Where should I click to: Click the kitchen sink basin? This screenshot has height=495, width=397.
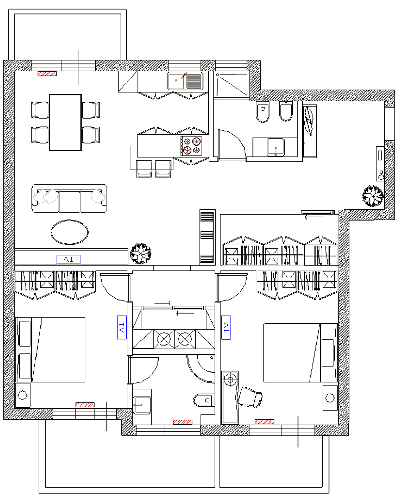[x=176, y=81]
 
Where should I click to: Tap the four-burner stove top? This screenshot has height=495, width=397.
[x=191, y=146]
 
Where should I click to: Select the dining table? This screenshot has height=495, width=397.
[x=65, y=122]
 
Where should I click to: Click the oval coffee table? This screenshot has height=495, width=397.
[x=70, y=232]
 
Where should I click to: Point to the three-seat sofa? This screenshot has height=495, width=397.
[x=69, y=199]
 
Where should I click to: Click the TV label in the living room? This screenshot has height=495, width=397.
[x=69, y=259]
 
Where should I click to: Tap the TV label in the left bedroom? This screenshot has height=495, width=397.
[x=122, y=327]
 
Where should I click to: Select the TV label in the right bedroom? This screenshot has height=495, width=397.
[x=226, y=328]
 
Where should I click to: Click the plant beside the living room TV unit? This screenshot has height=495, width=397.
[x=141, y=254]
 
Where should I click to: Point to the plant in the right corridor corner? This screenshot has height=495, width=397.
[x=373, y=196]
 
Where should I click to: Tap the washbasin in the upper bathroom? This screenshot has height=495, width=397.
[x=276, y=147]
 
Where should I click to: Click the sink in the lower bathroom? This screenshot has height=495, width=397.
[x=142, y=405]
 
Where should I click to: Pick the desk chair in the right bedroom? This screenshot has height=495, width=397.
[x=250, y=397]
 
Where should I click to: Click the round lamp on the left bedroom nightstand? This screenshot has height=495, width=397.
[x=22, y=395]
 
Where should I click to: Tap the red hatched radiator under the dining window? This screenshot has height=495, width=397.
[x=47, y=74]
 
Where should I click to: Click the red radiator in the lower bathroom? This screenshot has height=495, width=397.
[x=183, y=422]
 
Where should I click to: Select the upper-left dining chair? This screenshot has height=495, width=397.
[x=40, y=110]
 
